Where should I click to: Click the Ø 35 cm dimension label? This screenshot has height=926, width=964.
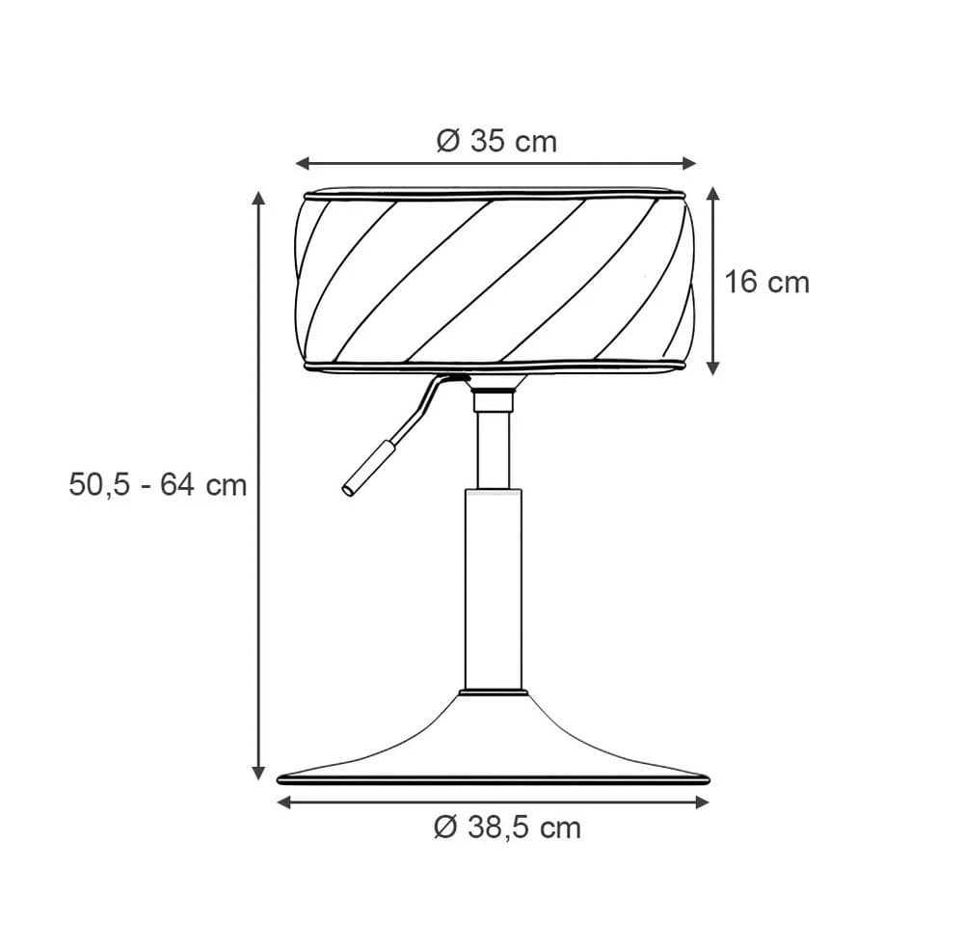496,142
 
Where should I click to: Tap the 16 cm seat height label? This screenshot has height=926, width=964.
766,283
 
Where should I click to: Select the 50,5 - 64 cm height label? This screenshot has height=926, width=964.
158,485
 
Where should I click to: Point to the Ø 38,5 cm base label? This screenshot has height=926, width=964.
507,828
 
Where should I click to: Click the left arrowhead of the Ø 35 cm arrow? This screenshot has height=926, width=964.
301,163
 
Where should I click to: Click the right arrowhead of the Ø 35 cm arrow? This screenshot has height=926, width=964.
690,163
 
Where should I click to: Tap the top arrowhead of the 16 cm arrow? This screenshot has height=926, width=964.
713,195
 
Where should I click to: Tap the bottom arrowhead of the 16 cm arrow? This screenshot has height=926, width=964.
713,368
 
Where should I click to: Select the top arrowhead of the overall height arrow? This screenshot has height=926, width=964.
258,198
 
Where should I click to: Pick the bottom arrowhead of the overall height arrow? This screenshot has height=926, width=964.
258,774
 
